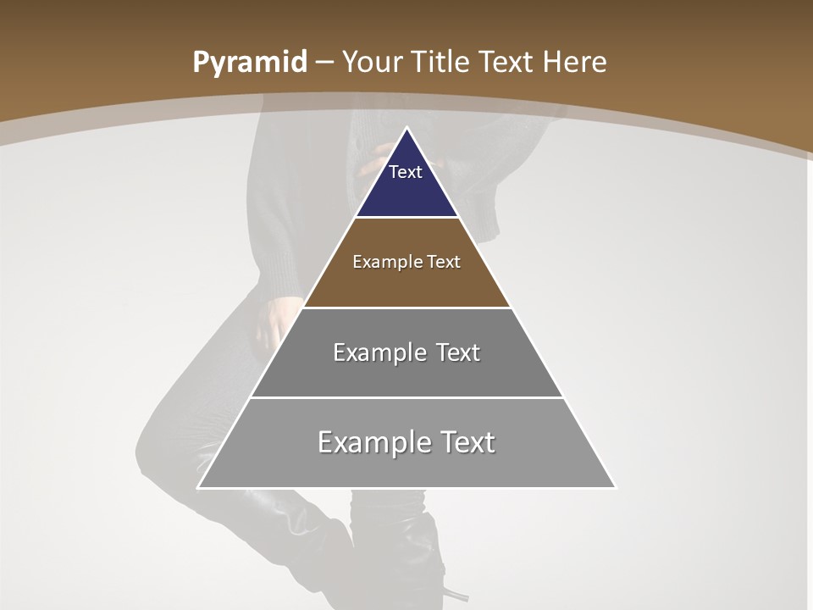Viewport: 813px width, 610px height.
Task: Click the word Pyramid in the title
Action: [x=250, y=63]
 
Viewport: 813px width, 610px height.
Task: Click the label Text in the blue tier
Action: [x=406, y=172]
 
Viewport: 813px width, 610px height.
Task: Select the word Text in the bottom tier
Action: [x=467, y=442]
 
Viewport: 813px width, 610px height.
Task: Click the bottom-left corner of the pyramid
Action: [x=199, y=487]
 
